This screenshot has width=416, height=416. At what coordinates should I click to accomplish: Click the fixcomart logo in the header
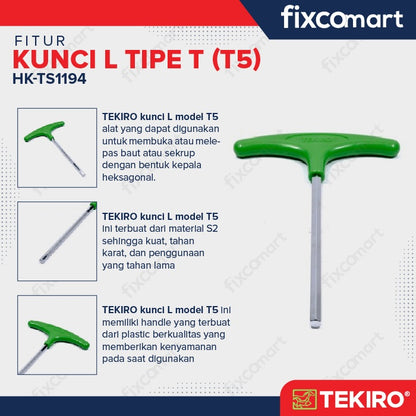[x=342, y=18]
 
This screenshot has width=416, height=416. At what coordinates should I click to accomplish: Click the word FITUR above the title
[x=40, y=41]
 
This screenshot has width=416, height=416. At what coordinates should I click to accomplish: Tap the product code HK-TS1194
[x=49, y=79]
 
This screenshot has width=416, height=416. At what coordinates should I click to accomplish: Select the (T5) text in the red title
[x=236, y=60]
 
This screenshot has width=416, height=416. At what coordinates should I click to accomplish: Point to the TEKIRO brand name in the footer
[x=361, y=399]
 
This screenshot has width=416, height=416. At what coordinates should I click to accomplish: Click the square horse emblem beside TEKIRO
[x=305, y=399]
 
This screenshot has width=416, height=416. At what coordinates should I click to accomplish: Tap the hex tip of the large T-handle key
[x=315, y=324]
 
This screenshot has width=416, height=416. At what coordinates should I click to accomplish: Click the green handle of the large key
[x=316, y=148]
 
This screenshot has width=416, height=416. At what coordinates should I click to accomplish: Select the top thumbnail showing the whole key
[x=57, y=148]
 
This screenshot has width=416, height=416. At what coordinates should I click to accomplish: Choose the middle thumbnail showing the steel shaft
[x=57, y=241]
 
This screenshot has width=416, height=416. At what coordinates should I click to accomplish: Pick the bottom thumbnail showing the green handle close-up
[x=57, y=335]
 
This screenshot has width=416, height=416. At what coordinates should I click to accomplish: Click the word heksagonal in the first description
[x=129, y=177]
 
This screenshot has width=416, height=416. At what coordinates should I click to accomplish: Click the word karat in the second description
[x=113, y=253]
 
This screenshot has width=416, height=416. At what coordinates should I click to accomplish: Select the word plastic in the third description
[x=136, y=335]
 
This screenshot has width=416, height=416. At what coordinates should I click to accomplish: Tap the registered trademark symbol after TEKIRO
[x=407, y=394]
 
